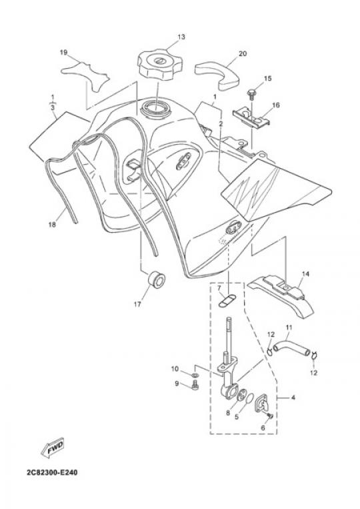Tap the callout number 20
coord(243,53)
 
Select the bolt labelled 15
coord(251,93)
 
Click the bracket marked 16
coord(251,117)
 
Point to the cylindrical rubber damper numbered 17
coord(157,279)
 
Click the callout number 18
coord(52,224)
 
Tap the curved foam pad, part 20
coord(217,75)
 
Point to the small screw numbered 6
coord(270,415)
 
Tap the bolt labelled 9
coord(195,386)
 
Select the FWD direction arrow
coord(53,448)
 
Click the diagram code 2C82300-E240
coord(52,472)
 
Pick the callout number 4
coord(293,397)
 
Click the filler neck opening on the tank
coord(155,109)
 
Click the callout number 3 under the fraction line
coord(53,107)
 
